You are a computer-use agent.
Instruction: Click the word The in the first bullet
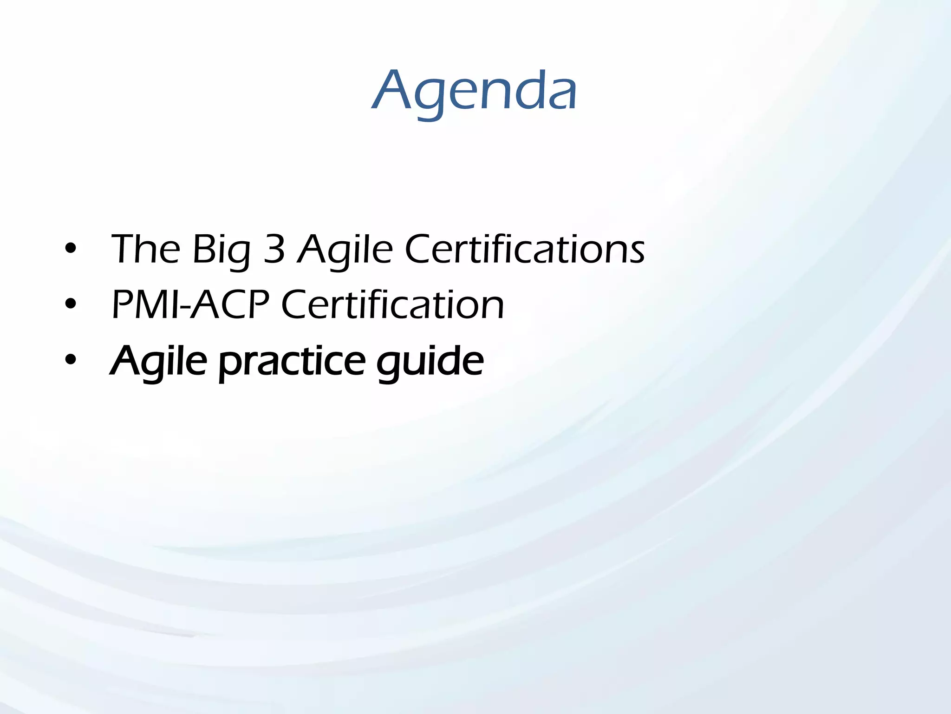[145, 250]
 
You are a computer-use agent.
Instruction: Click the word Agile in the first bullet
[345, 251]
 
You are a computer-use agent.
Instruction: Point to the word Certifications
[525, 250]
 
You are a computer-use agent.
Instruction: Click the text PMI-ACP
[190, 304]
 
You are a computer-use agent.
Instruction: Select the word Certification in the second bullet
[392, 304]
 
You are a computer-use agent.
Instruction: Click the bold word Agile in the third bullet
[158, 362]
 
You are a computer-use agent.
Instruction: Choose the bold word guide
[430, 363]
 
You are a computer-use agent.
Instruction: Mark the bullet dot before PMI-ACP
[71, 304]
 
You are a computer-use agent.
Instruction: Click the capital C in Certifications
[420, 250]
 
